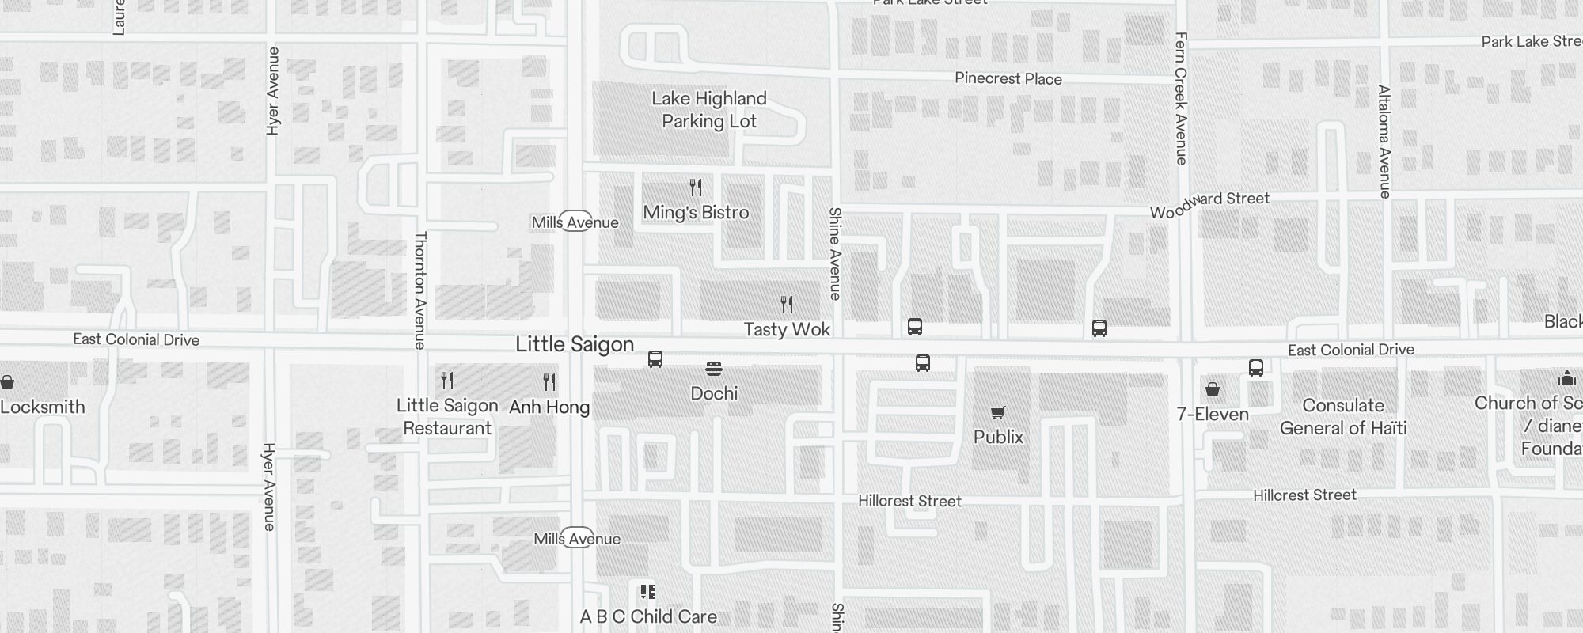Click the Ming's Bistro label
click(x=696, y=212)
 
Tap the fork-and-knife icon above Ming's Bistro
click(x=696, y=188)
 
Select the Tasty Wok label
click(x=787, y=329)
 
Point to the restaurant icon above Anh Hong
click(x=549, y=382)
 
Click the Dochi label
click(x=714, y=393)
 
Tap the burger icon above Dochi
click(x=714, y=368)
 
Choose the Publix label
click(x=998, y=437)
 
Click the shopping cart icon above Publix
click(x=998, y=412)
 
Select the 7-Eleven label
click(x=1213, y=414)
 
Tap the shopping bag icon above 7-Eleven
click(x=1213, y=389)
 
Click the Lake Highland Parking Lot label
click(x=709, y=110)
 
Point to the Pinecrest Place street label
click(x=1008, y=78)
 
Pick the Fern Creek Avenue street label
click(x=1181, y=98)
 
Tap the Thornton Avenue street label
click(x=420, y=290)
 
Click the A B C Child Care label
click(x=648, y=616)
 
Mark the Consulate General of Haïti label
click(x=1343, y=417)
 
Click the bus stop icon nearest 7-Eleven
click(x=1256, y=367)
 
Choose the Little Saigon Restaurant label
click(x=447, y=417)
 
